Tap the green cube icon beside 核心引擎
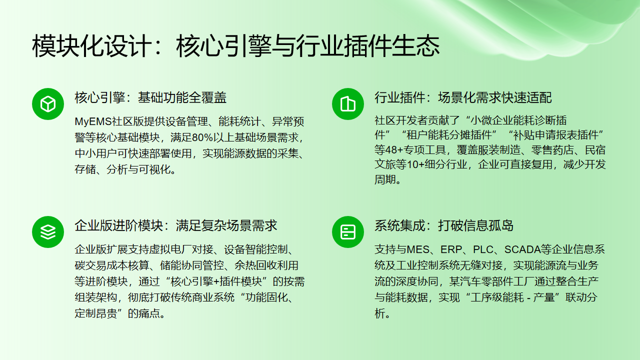tap(46, 104)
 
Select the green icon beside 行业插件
tap(348, 104)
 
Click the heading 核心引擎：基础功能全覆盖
tap(151, 98)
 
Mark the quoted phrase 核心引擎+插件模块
tap(204, 281)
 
